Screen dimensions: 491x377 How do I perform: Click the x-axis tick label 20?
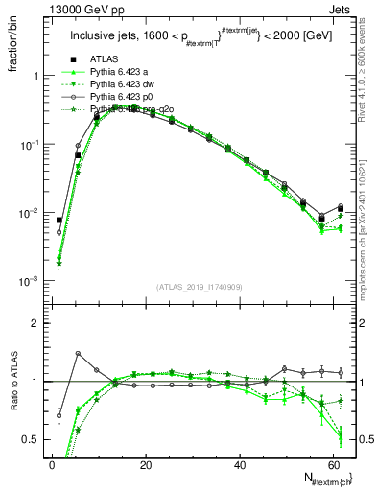(x=146, y=465)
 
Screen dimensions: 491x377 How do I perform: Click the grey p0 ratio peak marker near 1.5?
(x=78, y=354)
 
